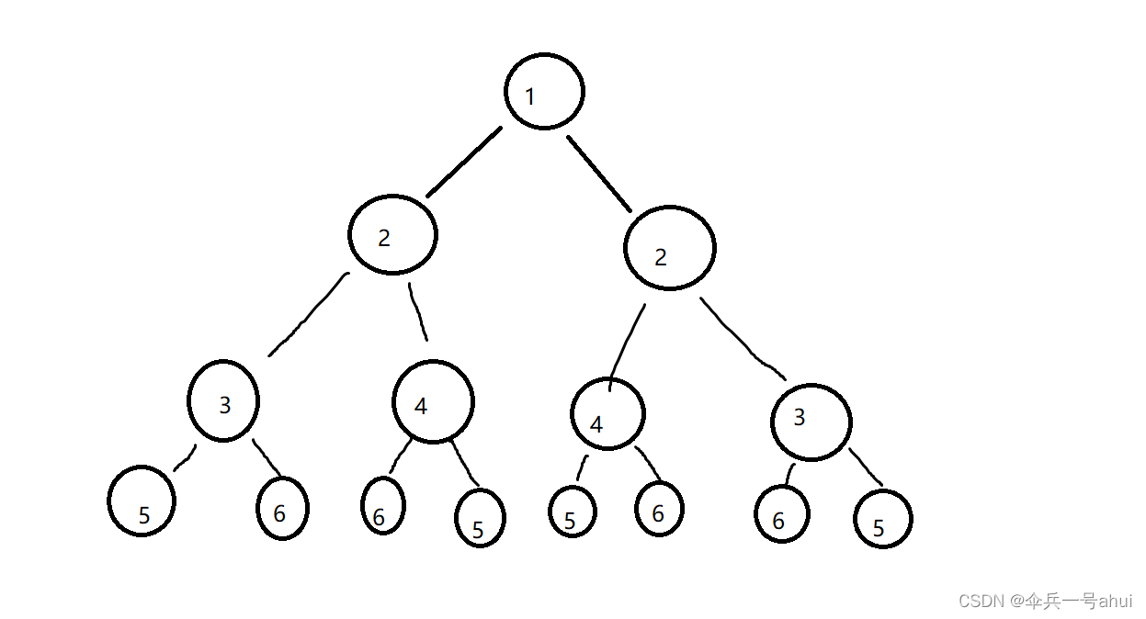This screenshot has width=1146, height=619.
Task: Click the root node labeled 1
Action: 544,92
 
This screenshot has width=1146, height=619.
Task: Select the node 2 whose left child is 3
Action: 392,235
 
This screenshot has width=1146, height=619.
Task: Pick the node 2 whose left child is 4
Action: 669,249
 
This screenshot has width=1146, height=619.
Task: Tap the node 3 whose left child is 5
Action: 223,401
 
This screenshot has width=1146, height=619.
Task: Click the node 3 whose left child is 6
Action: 811,422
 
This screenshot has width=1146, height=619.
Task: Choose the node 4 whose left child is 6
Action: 432,402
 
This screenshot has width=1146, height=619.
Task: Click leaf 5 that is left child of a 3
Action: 141,501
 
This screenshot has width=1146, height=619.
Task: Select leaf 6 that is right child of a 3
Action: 282,508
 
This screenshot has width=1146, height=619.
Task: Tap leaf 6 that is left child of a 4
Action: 382,506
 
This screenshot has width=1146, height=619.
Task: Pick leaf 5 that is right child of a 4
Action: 480,518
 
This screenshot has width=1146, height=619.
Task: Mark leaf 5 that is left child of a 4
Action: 572,511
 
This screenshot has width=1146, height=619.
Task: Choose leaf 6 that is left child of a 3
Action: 781,512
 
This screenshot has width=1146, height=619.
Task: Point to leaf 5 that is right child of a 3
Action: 882,519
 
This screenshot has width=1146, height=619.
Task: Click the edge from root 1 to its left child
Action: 464,162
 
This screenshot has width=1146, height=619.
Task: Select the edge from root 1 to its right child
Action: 598,173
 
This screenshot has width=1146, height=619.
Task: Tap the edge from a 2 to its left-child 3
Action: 308,315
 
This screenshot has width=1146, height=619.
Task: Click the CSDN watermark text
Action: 1044,601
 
